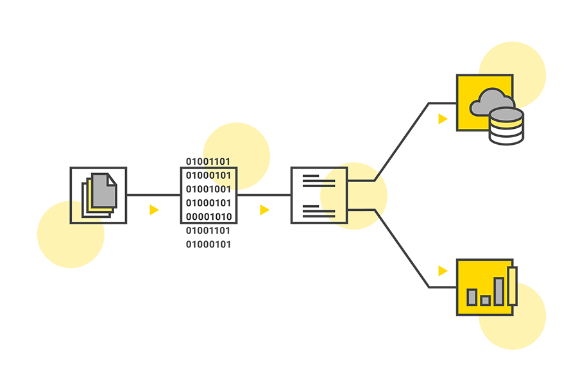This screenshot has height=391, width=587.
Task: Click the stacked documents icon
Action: pos(99,194)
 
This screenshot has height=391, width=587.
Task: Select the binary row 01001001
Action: pos(208,189)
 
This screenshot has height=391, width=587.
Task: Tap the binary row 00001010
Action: pos(208,217)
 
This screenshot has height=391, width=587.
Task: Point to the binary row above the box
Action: pos(208,161)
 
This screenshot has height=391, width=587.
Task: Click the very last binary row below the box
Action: pos(208,244)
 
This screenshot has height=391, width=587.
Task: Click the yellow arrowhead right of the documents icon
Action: pos(153,210)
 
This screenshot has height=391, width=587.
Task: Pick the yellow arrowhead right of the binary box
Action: pos(264,210)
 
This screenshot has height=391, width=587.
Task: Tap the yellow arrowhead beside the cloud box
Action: pos(443,119)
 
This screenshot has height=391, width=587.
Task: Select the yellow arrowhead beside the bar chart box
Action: pos(443,271)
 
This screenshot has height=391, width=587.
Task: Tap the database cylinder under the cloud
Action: pos(506,126)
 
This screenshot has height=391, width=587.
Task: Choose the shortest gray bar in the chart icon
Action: pos(485,300)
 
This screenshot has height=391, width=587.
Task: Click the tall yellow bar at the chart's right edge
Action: pos(512,285)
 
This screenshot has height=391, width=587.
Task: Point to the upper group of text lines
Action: pos(319,179)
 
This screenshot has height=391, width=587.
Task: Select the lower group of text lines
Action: pos(319,209)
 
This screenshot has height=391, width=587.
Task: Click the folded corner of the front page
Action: pos(111,179)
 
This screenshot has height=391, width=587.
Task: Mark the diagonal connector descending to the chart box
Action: pos(403,249)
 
